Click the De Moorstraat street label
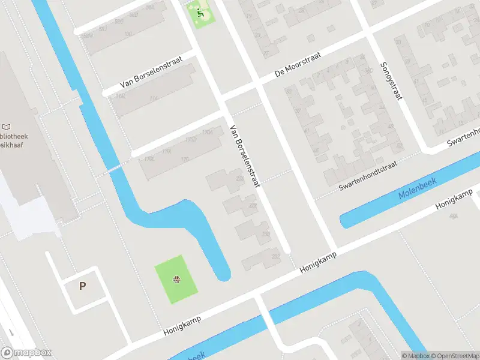[x=298, y=64]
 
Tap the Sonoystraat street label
[x=390, y=82]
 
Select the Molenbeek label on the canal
[x=418, y=188]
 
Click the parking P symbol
[x=82, y=286]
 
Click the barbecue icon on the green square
[x=176, y=280]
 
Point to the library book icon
[x=7, y=127]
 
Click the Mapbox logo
[x=27, y=353]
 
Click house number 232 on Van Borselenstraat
[x=275, y=257]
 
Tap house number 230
[x=266, y=234]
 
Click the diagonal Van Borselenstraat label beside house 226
[x=245, y=157]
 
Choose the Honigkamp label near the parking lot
[x=182, y=327]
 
